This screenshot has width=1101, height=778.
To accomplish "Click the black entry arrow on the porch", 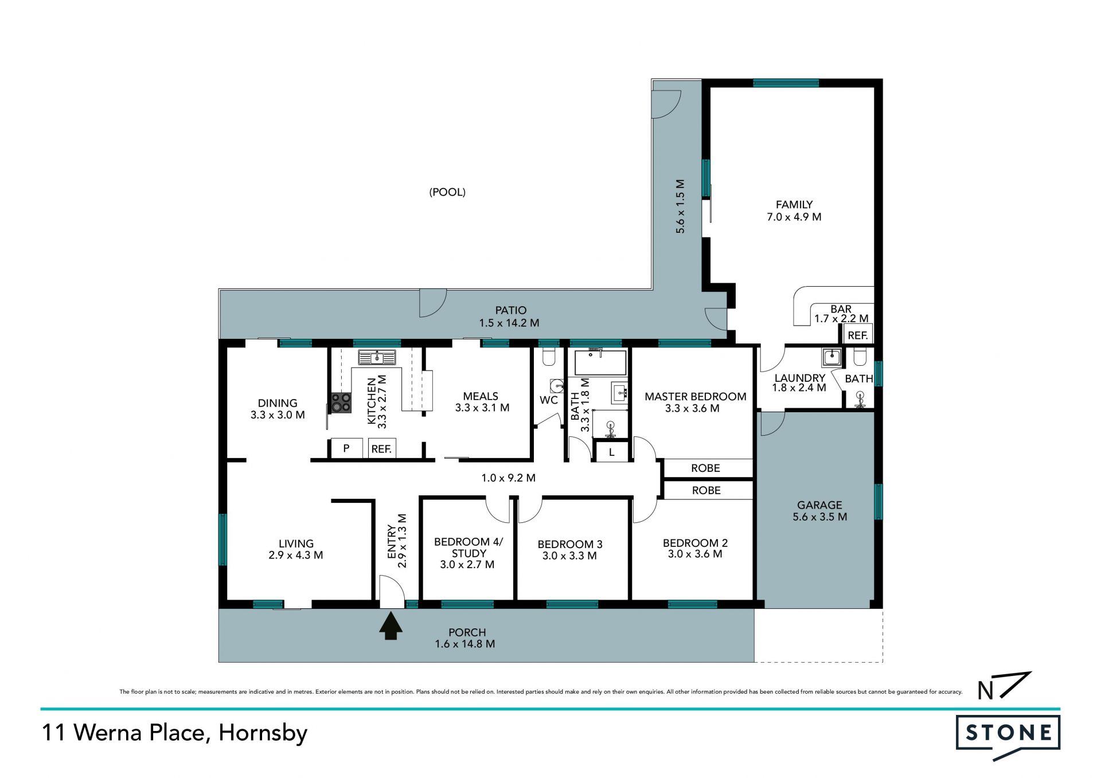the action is (391, 626).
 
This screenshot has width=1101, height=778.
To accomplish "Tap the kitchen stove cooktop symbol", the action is (341, 402).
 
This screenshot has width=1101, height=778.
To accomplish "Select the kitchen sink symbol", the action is (377, 358).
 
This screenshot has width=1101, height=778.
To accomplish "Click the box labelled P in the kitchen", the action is (346, 448).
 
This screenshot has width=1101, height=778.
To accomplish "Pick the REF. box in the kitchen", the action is (381, 448).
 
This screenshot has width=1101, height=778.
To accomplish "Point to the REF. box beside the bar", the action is (858, 335).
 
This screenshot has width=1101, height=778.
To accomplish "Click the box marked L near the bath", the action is (612, 452).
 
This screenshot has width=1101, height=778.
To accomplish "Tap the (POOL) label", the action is (447, 192).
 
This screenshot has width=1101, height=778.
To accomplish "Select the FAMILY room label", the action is (794, 205).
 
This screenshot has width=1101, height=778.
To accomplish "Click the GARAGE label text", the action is (819, 505).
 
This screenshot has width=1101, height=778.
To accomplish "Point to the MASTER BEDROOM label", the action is (696, 397).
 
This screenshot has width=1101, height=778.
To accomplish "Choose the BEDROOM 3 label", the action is (570, 544).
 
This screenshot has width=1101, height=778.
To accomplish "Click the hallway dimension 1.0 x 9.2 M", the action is (508, 478).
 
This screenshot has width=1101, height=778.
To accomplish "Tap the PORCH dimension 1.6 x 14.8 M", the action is (465, 644).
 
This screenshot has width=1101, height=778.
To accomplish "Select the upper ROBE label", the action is (705, 468).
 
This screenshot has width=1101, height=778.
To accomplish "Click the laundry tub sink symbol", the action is (831, 357).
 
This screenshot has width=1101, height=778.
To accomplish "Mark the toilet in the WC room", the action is (549, 357).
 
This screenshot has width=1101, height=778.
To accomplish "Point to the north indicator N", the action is (985, 691).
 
